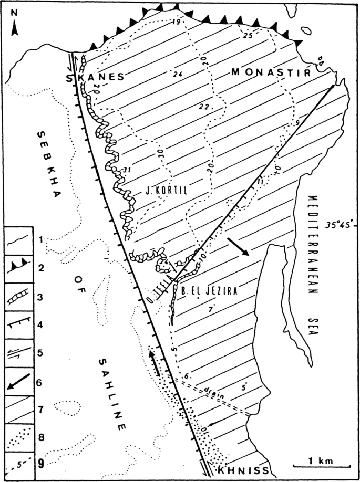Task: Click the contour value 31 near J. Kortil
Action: [x=124, y=169]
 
